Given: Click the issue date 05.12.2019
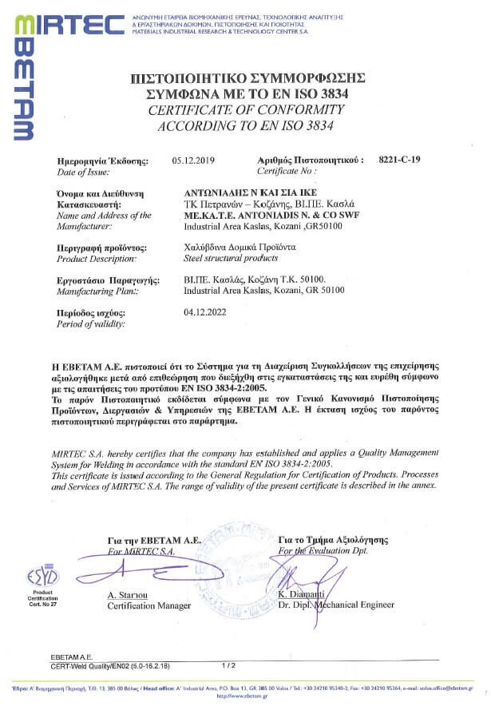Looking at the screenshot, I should point(194,160).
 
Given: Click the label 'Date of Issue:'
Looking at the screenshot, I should point(84,172).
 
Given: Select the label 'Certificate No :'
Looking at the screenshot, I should point(287,172).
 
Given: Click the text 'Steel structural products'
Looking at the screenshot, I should point(232,260).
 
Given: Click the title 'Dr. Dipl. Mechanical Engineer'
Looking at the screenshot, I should point(335,605).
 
